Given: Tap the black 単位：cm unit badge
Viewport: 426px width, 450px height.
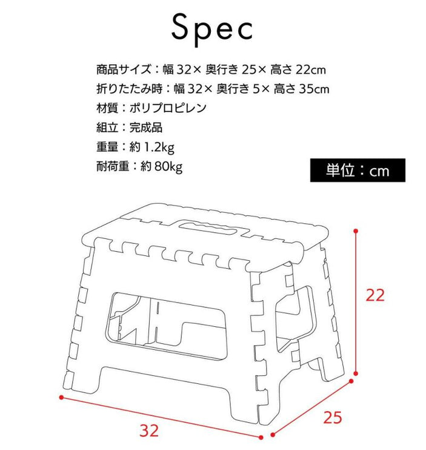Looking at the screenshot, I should pos(357,170).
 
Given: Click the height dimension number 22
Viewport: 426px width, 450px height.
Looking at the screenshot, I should pos(375,295).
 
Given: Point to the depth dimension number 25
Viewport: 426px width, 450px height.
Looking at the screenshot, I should pos(333,418).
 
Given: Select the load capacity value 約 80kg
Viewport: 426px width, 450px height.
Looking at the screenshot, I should pos(156,166).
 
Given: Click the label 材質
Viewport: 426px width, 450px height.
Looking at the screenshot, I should pos(105,109).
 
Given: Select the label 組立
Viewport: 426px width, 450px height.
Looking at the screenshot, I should pos(105,128).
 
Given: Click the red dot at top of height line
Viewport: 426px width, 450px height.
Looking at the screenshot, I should pos(356,231).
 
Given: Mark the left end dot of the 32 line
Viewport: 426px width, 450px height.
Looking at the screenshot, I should pos(61,398).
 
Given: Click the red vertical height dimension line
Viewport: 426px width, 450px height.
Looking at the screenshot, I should pos(357,303).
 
